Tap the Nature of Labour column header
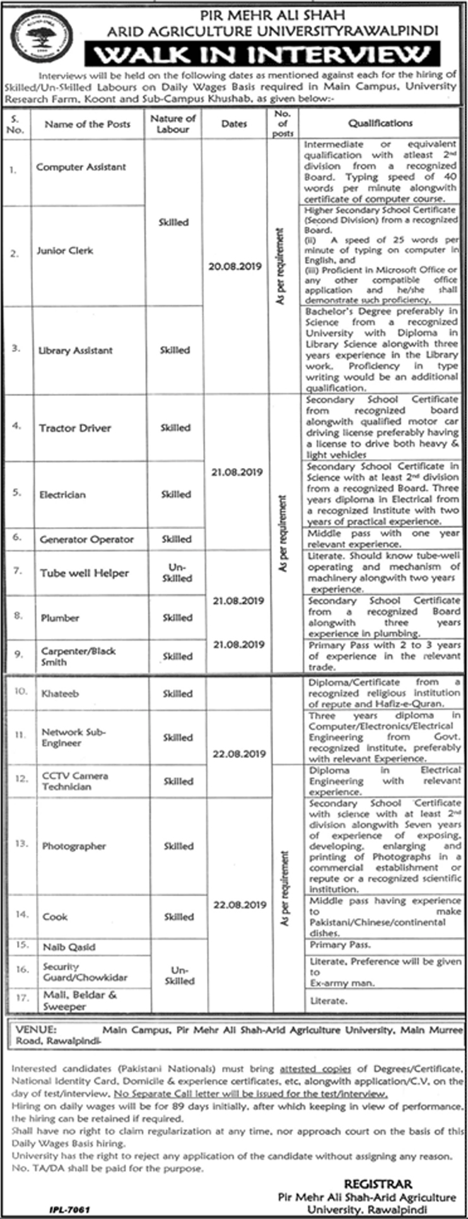click(173, 124)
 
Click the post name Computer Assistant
click(81, 167)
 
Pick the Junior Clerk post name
click(64, 250)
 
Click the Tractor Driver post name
click(74, 428)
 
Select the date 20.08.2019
click(235, 267)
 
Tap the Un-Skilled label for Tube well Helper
click(176, 573)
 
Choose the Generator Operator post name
click(86, 539)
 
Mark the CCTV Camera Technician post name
click(75, 781)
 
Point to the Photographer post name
click(74, 846)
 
